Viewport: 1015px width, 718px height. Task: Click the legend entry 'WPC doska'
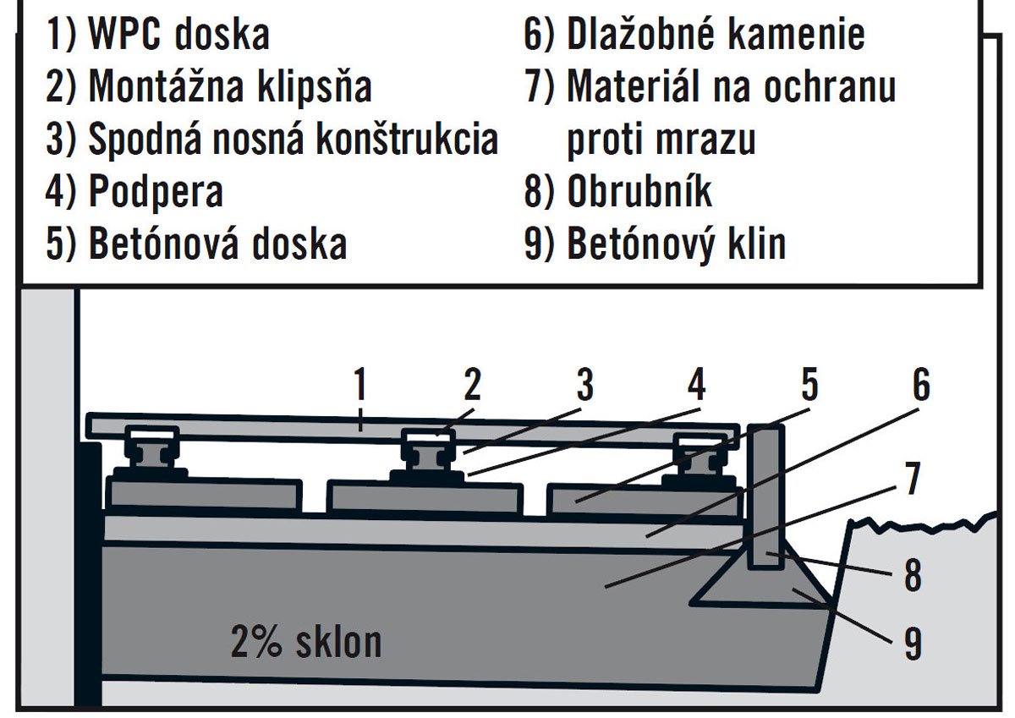click(x=179, y=35)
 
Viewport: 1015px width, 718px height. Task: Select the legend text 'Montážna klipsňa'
click(x=230, y=86)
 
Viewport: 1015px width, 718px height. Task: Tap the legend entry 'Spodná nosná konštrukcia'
click(x=294, y=139)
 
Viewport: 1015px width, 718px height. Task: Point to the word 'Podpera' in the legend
click(x=156, y=192)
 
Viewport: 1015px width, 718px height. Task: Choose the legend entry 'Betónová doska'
click(x=217, y=244)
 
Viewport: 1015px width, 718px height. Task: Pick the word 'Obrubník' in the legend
click(x=639, y=191)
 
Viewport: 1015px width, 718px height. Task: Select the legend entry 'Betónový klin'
click(x=677, y=244)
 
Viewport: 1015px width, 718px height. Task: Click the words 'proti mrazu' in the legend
click(x=661, y=140)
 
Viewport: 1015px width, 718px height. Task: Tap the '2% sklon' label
click(x=306, y=642)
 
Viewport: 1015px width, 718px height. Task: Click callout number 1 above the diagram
click(x=360, y=384)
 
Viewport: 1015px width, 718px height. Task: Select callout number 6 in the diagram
click(x=921, y=384)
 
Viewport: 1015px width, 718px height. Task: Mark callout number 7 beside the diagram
click(x=912, y=479)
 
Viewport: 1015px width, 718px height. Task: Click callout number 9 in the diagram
click(x=913, y=644)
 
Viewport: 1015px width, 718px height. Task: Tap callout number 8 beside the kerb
click(x=913, y=575)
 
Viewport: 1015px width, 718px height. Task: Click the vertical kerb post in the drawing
click(x=765, y=496)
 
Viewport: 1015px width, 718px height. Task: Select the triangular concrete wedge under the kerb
click(x=761, y=582)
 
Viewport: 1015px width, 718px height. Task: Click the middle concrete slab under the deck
click(x=425, y=498)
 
